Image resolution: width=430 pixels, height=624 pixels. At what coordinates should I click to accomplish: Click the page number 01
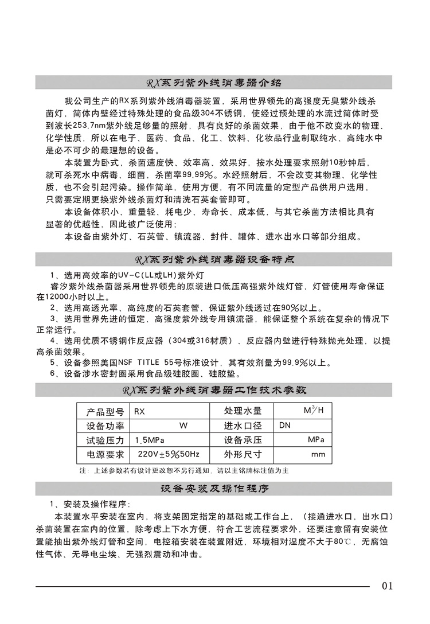coord(387,586)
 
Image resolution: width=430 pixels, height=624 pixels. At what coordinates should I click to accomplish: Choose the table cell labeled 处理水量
coord(243,411)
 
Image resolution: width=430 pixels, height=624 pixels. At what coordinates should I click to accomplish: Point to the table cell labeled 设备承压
coord(243,440)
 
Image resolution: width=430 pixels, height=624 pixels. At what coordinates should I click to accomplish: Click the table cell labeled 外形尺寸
coord(243,454)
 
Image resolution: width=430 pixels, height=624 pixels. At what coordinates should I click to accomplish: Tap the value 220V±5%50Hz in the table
coord(168,454)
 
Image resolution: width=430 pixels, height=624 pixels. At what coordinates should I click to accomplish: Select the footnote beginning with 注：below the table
coord(184,470)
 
